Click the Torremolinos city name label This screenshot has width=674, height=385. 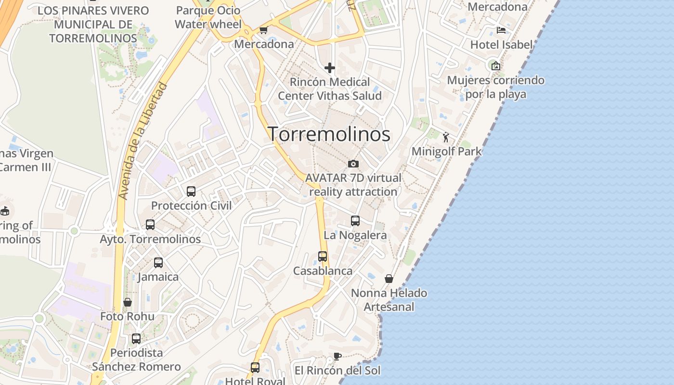click(329, 134)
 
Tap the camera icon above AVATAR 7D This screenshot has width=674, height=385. click(353, 164)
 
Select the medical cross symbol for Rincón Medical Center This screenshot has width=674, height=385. click(330, 68)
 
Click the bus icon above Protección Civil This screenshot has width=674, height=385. click(191, 192)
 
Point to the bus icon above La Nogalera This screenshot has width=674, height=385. click(355, 221)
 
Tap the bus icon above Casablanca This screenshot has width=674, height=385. click(323, 257)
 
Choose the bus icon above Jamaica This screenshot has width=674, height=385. click(158, 263)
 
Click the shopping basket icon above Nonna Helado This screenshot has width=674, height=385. click(389, 279)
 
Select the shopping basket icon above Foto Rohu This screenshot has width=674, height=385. click(128, 302)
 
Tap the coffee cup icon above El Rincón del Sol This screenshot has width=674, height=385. click(337, 357)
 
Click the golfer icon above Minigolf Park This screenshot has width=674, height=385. click(446, 138)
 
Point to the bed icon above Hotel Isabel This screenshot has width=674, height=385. click(501, 30)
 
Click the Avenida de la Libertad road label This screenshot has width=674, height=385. click(143, 141)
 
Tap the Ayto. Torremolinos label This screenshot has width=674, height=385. click(150, 239)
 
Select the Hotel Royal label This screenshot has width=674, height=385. click(255, 381)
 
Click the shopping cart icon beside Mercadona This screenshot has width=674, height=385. click(263, 30)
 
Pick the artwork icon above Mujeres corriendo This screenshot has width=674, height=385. click(495, 66)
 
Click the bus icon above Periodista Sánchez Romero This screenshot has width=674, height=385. click(136, 339)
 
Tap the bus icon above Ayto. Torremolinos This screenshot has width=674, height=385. click(150, 225)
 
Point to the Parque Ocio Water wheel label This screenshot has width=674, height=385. click(208, 17)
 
